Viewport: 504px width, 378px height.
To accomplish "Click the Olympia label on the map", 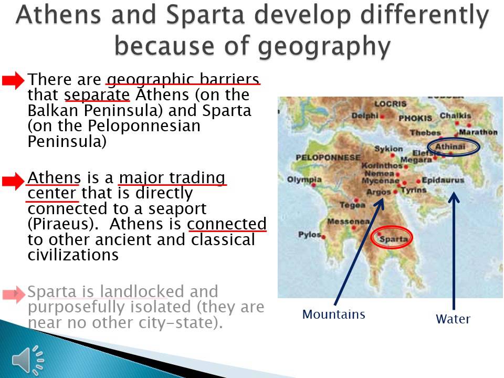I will (304, 180).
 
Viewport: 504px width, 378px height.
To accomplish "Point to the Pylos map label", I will (309, 234).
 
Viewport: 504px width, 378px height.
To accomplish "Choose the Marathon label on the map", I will (477, 132).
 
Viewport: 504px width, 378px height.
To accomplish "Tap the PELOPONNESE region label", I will (328, 157).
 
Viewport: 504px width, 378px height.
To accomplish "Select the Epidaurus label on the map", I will (443, 180).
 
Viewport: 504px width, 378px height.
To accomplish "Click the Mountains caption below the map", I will (333, 314).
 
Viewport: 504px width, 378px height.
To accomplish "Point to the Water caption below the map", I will (453, 319).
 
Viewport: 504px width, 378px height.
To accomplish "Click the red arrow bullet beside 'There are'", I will (13, 80).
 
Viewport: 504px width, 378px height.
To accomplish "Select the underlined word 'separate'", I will (97, 96).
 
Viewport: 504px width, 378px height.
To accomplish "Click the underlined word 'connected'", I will (227, 224).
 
